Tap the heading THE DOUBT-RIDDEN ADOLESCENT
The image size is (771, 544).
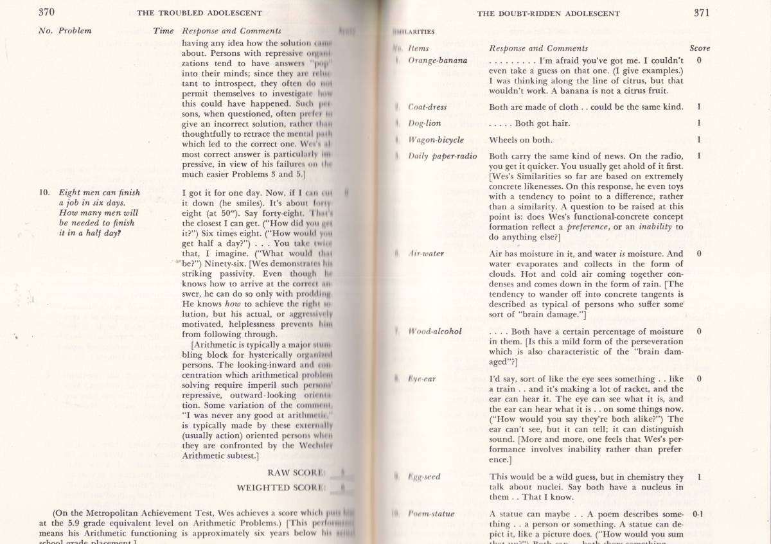tap(548, 13)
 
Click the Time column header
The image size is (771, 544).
tap(163, 31)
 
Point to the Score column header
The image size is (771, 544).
tap(699, 48)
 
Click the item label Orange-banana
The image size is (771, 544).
tap(438, 60)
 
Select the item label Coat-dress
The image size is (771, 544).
tap(427, 107)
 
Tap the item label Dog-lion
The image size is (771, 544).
tap(425, 123)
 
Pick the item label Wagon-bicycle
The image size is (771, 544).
tap(436, 140)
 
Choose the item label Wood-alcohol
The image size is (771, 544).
tap(435, 331)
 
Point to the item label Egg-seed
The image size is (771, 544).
tap(424, 477)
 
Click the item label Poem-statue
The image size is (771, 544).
tap(430, 514)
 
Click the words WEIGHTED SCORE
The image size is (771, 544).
tap(281, 487)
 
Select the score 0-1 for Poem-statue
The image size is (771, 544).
tap(698, 514)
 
